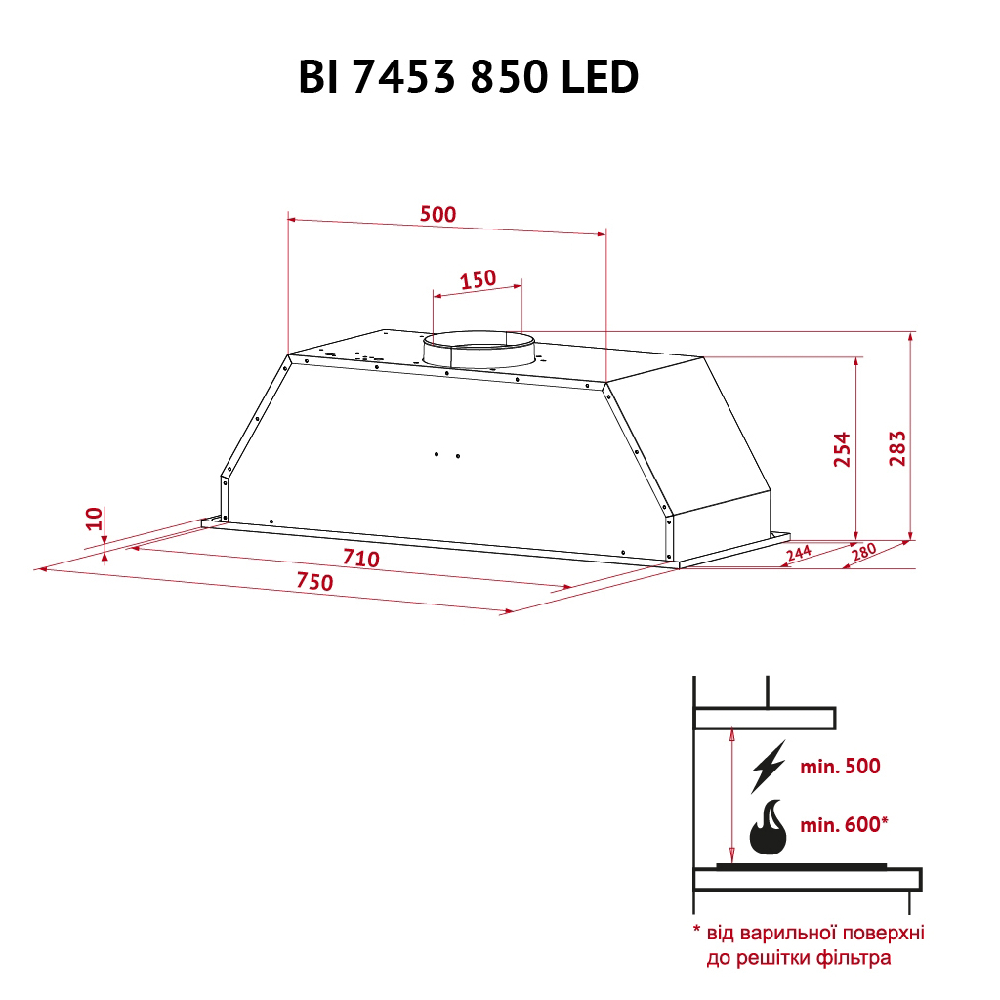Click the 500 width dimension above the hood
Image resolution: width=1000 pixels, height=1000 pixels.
[437, 214]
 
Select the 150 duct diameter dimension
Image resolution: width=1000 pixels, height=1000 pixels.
[478, 279]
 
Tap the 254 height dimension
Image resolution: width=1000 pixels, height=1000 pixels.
[842, 448]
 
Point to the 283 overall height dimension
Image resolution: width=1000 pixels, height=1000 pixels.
[898, 448]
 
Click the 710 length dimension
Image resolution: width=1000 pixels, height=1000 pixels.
[360, 560]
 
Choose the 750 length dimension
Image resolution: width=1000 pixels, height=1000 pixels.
[315, 582]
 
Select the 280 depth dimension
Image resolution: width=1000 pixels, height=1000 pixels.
[864, 553]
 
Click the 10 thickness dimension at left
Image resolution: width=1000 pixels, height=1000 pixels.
[93, 518]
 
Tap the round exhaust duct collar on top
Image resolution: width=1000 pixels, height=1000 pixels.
[479, 350]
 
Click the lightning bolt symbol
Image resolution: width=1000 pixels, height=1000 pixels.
[768, 767]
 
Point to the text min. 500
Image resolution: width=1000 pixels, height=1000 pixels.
[840, 767]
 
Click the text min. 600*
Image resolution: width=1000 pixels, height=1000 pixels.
[844, 825]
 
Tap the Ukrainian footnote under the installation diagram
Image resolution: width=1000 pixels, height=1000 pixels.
[809, 944]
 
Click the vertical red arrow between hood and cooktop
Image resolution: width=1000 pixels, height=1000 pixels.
[731, 796]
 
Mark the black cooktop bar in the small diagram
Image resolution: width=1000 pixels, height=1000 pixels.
[801, 865]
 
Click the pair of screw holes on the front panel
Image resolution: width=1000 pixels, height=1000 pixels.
[447, 454]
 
